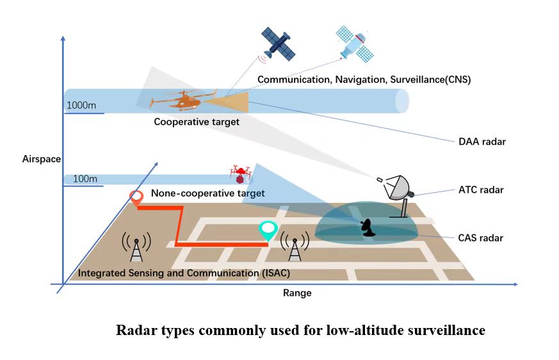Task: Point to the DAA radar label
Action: pyautogui.click(x=482, y=142)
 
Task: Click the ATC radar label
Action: pyautogui.click(x=481, y=190)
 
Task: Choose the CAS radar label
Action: pyautogui.click(x=480, y=238)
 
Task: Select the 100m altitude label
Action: pyautogui.click(x=85, y=179)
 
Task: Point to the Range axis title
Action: pyautogui.click(x=296, y=293)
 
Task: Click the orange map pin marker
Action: pyautogui.click(x=136, y=199)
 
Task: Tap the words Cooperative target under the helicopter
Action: pyautogui.click(x=197, y=121)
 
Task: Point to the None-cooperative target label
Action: pyautogui.click(x=207, y=193)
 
